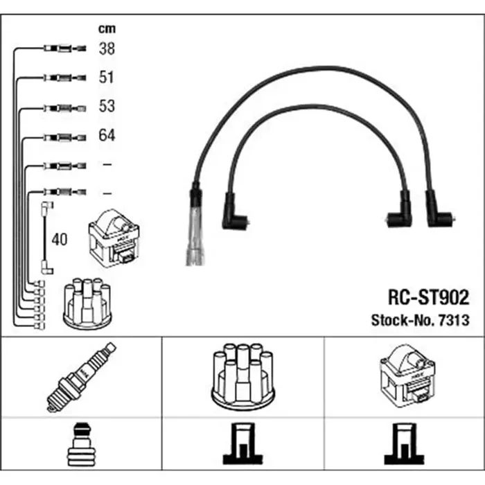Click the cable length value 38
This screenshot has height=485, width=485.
pyautogui.click(x=107, y=49)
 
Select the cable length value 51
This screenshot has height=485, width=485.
pyautogui.click(x=107, y=78)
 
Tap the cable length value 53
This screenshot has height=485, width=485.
pyautogui.click(x=107, y=106)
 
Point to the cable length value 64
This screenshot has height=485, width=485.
pyautogui.click(x=107, y=135)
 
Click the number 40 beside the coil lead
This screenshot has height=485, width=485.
pyautogui.click(x=60, y=240)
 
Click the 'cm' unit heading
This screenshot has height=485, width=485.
pyautogui.click(x=107, y=29)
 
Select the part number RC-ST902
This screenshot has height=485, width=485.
pyautogui.click(x=428, y=297)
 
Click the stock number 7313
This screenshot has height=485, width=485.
pyautogui.click(x=454, y=320)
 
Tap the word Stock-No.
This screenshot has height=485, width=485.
pyautogui.click(x=403, y=320)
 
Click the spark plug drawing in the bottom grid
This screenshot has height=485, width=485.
pyautogui.click(x=81, y=377)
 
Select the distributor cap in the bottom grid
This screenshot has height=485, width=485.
pyautogui.click(x=242, y=377)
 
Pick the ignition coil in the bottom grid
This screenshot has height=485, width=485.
pyautogui.click(x=407, y=376)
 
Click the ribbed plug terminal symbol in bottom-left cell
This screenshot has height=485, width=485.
pyautogui.click(x=81, y=445)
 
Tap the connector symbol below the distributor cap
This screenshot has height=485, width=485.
pyautogui.click(x=242, y=443)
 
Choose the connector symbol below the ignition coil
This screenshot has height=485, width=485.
pyautogui.click(x=404, y=443)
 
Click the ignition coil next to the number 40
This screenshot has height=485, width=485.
pyautogui.click(x=114, y=238)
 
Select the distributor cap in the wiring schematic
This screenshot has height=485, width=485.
pyautogui.click(x=87, y=303)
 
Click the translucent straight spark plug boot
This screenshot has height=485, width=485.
pyautogui.click(x=195, y=225)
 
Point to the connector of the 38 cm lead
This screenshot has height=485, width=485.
pyautogui.click(x=64, y=48)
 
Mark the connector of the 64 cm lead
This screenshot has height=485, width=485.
pyautogui.click(x=64, y=137)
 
